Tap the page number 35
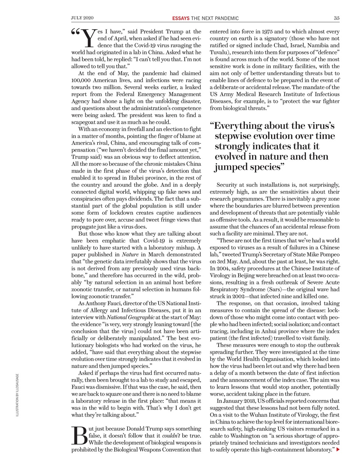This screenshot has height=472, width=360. [x=337, y=18]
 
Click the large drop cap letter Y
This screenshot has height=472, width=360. [x=88, y=38]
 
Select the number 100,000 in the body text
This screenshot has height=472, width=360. [x=83, y=80]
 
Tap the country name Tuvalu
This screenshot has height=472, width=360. [x=219, y=52]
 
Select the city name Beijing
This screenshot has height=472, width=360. [x=249, y=275]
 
